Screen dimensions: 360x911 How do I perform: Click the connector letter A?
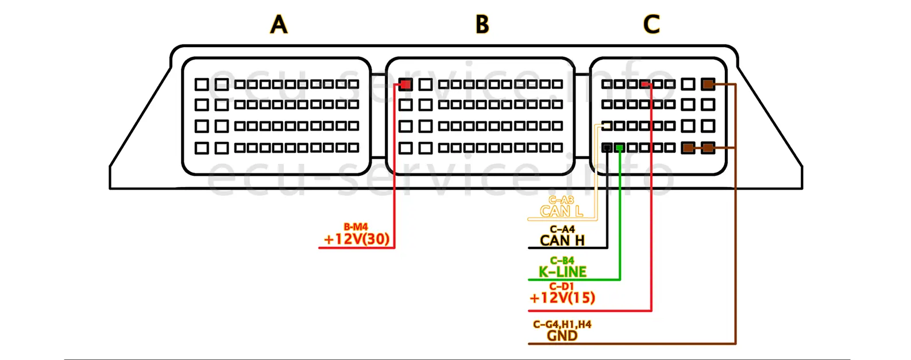(279, 25)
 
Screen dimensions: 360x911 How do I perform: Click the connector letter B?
(482, 25)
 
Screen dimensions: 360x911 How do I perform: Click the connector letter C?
(651, 25)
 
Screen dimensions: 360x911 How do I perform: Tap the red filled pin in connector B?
(406, 84)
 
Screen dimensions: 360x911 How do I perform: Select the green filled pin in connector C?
(619, 148)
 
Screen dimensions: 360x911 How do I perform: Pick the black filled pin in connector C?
(607, 148)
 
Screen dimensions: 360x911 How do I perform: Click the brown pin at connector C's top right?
(708, 84)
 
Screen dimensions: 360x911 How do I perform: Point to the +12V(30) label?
(356, 239)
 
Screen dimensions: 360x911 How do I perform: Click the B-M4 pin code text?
(356, 227)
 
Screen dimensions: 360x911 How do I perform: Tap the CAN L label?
(561, 211)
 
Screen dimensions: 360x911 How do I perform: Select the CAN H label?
(562, 241)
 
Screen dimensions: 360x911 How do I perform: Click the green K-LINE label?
(562, 272)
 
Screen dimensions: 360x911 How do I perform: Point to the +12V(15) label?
(562, 297)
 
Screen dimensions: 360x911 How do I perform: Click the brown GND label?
(562, 335)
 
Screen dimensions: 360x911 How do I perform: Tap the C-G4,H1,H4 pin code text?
(562, 324)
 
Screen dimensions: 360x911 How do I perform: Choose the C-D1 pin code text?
(561, 287)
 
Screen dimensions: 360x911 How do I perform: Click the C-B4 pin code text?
(562, 261)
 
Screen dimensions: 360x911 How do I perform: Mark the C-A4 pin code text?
(562, 230)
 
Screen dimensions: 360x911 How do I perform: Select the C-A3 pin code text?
(561, 200)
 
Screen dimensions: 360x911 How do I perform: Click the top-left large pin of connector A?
(202, 84)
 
